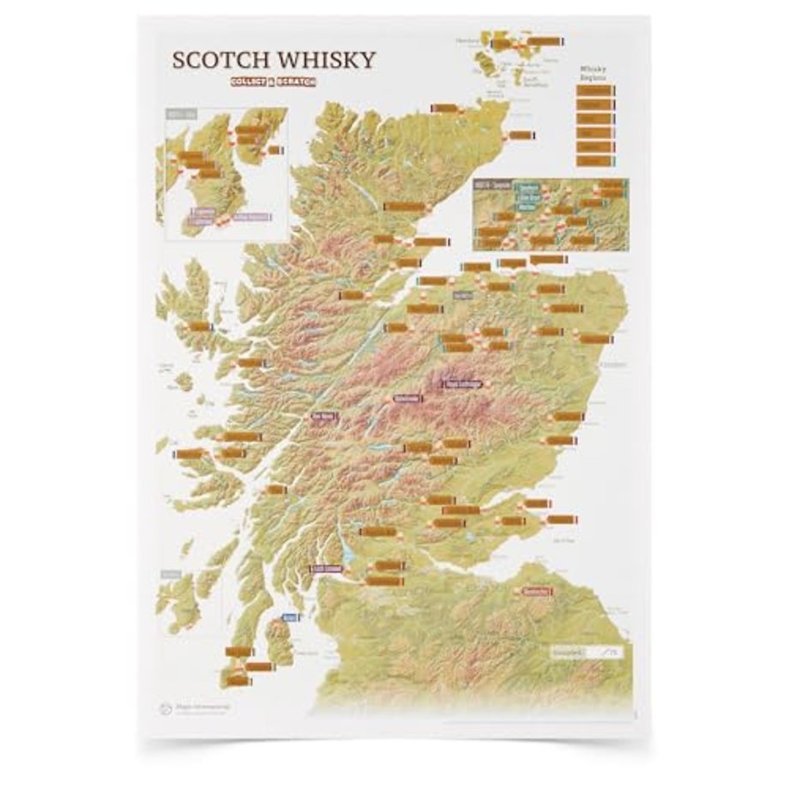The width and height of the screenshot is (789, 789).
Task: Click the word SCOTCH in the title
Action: click(x=220, y=60)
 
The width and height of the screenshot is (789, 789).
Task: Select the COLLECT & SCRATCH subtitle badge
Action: click(x=272, y=81)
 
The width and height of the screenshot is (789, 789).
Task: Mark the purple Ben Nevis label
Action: click(x=327, y=418)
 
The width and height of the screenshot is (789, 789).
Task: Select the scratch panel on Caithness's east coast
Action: click(x=519, y=136)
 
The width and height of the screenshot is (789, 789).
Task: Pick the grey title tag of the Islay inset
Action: click(x=179, y=115)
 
